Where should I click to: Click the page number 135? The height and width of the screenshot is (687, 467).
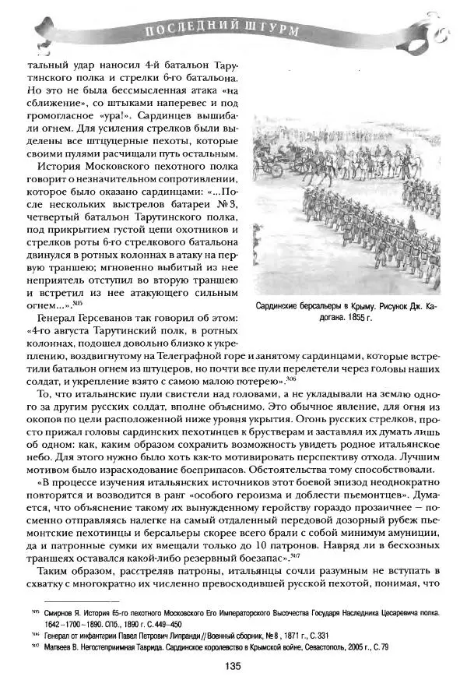click(233, 665)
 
